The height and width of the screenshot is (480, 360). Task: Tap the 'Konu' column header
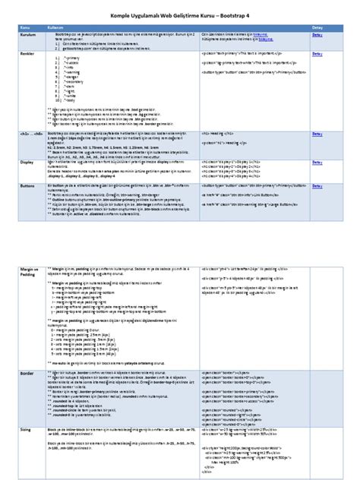[24, 26]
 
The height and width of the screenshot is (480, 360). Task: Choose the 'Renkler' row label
[28, 55]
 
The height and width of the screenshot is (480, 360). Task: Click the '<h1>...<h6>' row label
[31, 132]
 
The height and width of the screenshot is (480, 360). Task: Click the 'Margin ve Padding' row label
[29, 272]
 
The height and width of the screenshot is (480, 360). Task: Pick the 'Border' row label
[27, 373]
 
